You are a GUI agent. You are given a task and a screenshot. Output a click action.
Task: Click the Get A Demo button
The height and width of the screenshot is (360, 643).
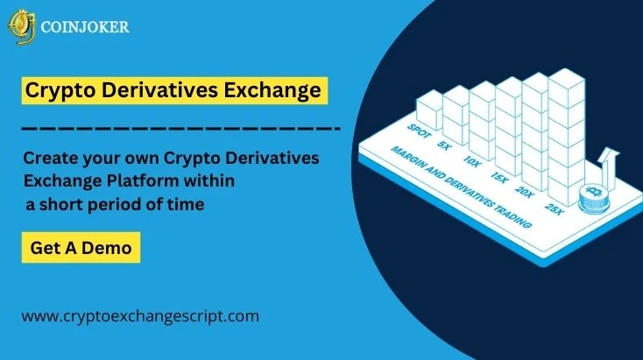81,248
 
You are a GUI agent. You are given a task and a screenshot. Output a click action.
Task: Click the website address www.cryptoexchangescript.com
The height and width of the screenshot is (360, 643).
140,315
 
